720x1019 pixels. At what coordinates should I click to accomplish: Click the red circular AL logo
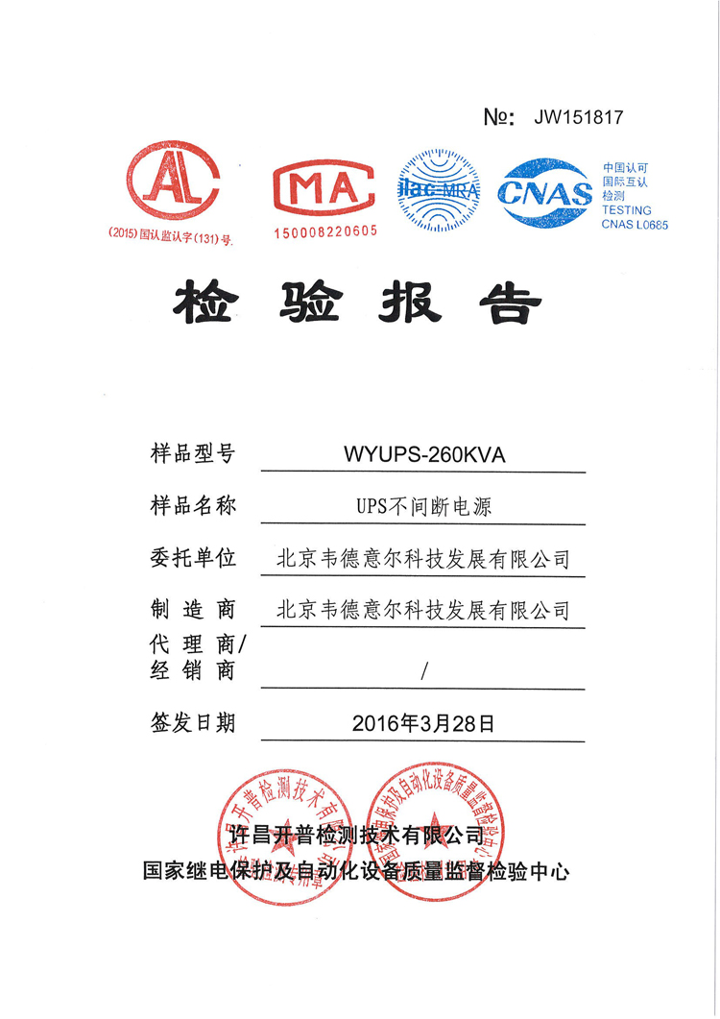tap(174, 182)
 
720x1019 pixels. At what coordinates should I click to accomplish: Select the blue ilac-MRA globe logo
tap(438, 189)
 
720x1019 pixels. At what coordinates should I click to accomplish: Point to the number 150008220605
tap(326, 232)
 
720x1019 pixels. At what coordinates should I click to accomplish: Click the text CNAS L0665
tap(634, 225)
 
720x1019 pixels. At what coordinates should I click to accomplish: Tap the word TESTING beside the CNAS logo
tap(626, 210)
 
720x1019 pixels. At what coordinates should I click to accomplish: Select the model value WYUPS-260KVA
tap(423, 455)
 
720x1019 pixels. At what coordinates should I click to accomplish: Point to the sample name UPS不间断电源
tap(423, 507)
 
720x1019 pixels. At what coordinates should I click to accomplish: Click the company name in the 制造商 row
tap(423, 610)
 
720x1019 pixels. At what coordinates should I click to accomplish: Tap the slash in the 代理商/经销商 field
tap(423, 671)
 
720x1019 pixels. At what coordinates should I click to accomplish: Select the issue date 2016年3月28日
tap(423, 723)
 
